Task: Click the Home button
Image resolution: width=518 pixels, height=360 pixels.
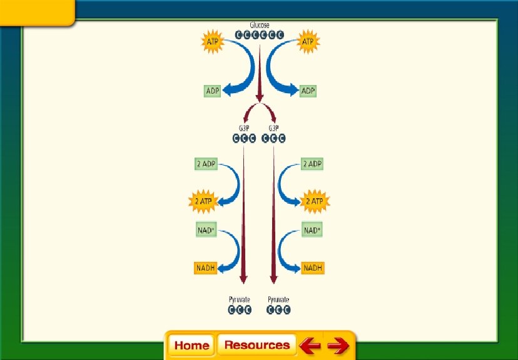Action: pyautogui.click(x=191, y=345)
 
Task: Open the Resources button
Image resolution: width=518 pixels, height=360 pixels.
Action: pyautogui.click(x=256, y=345)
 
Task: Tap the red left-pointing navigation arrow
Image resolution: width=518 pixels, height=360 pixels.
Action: pyautogui.click(x=309, y=345)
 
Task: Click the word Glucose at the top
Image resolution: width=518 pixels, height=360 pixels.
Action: pyautogui.click(x=260, y=26)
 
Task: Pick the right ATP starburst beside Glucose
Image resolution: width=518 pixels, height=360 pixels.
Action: pyautogui.click(x=307, y=42)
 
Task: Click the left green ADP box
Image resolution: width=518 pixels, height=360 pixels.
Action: pyautogui.click(x=213, y=91)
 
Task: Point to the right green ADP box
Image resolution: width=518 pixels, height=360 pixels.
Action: pyautogui.click(x=308, y=91)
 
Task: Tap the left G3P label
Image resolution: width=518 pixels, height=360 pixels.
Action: pyautogui.click(x=244, y=128)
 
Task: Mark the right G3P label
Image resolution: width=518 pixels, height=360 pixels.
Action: pyautogui.click(x=273, y=128)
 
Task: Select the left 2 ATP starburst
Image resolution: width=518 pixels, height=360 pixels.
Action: pyautogui.click(x=204, y=201)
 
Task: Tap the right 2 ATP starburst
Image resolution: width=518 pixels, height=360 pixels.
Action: pyautogui.click(x=313, y=201)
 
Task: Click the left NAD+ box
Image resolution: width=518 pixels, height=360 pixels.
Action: pyautogui.click(x=206, y=230)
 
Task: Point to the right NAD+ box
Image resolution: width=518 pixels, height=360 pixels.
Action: pyautogui.click(x=312, y=230)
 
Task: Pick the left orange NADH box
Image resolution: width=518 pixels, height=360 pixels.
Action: pyautogui.click(x=206, y=268)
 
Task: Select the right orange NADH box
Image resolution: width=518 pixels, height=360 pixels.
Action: pyautogui.click(x=313, y=268)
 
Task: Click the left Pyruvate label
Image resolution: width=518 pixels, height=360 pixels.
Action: pyautogui.click(x=240, y=299)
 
